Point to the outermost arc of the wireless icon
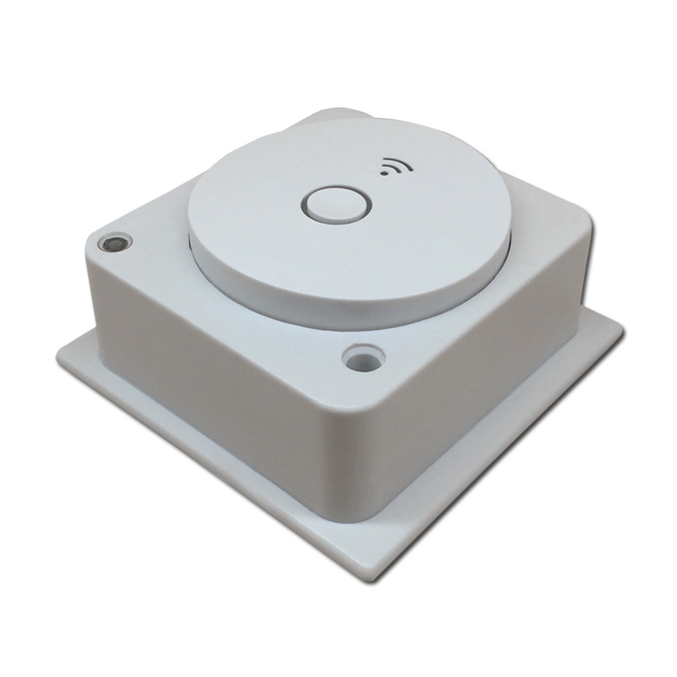pos(397,160)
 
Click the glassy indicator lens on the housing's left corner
pos(111,244)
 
